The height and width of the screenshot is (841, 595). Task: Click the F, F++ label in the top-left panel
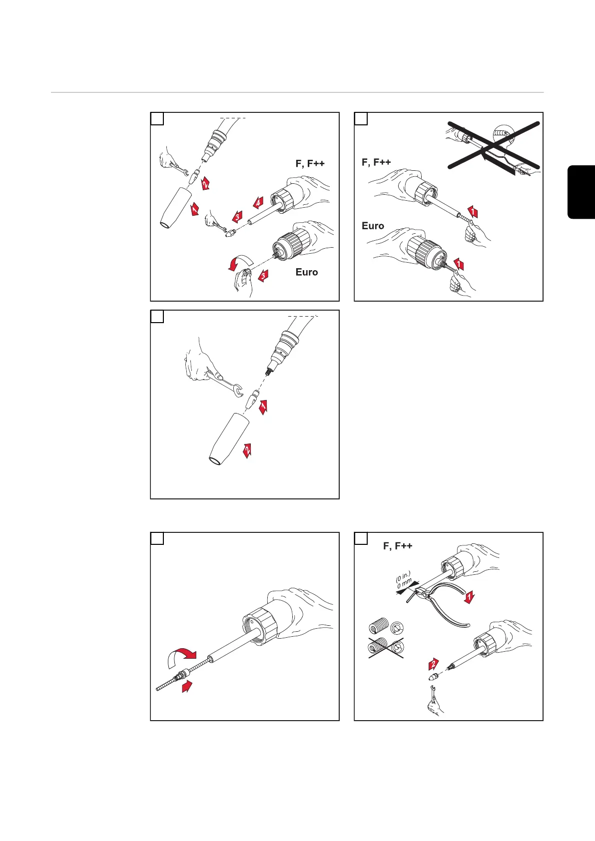pyautogui.click(x=310, y=163)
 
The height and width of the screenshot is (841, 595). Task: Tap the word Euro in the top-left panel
pyautogui.click(x=306, y=272)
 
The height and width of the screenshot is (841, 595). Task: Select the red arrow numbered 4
pyautogui.click(x=257, y=203)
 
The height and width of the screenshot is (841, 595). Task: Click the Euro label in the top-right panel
pyautogui.click(x=373, y=226)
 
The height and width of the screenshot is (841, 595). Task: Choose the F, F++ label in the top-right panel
pyautogui.click(x=376, y=162)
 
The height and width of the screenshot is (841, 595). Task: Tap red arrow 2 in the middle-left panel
pyautogui.click(x=247, y=450)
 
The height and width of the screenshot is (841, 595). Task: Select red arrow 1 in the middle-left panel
pyautogui.click(x=263, y=407)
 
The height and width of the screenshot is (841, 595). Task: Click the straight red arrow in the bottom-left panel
pyautogui.click(x=187, y=686)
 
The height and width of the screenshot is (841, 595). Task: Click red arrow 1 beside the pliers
pyautogui.click(x=469, y=597)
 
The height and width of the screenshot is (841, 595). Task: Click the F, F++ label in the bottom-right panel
pyautogui.click(x=398, y=546)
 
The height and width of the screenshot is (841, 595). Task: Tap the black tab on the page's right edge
pyautogui.click(x=582, y=192)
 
